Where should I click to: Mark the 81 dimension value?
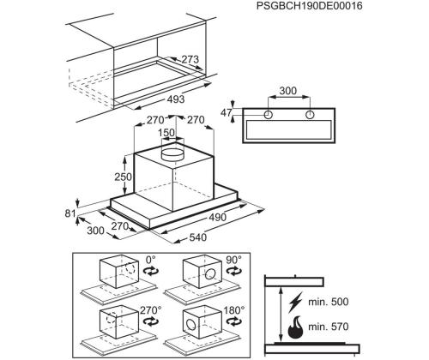click(69, 213)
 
